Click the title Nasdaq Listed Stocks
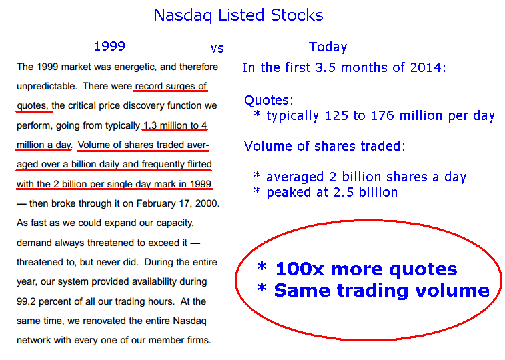coord(238,15)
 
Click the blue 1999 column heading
coord(109,46)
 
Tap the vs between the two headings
coord(217,49)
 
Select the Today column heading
coord(328,47)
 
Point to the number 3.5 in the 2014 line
coord(326,67)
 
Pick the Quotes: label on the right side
coord(269,101)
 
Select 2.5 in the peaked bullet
coord(344,193)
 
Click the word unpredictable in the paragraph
coord(47,87)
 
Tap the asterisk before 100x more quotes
coord(262,267)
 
